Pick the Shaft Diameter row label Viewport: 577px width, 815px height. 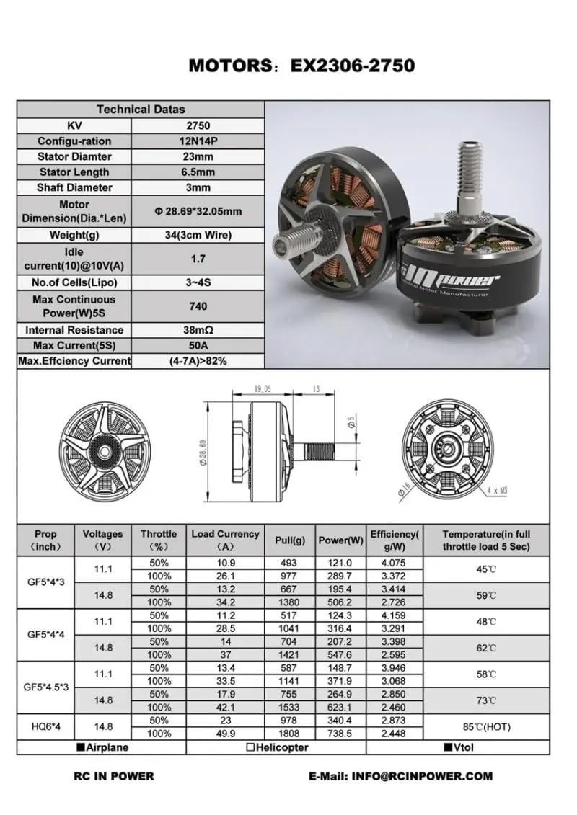point(74,187)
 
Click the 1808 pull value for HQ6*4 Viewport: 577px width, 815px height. point(290,734)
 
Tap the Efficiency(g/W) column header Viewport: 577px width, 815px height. point(394,540)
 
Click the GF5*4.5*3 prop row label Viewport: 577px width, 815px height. point(45,687)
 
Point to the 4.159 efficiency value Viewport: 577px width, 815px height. point(394,615)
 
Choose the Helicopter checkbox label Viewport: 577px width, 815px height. point(277,747)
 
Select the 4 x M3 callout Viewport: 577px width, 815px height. point(498,490)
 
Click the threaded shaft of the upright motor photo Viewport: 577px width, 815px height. point(469,173)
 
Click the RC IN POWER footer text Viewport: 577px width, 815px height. point(114,776)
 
